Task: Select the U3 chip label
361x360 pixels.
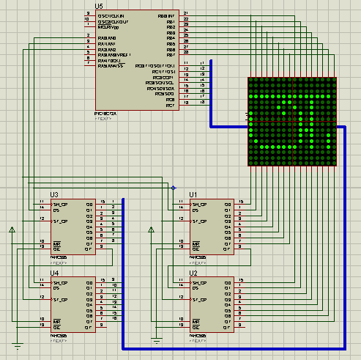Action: [x=54, y=194]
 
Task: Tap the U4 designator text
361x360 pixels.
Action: [x=54, y=273]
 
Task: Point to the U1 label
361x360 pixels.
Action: [x=193, y=194]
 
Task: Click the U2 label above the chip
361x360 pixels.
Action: [x=193, y=273]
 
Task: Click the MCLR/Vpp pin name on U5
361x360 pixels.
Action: [x=108, y=27]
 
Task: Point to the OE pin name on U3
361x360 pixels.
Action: [x=56, y=248]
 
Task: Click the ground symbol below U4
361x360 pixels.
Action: [x=16, y=343]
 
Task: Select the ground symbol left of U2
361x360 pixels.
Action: [x=156, y=339]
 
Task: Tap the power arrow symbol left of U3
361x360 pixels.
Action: [x=12, y=230]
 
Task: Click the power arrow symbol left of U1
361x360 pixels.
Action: [x=151, y=230]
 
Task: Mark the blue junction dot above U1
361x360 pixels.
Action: [x=174, y=188]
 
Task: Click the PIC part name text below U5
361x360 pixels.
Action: [x=108, y=113]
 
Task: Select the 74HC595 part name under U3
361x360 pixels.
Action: [x=59, y=258]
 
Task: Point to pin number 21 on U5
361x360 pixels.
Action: [x=186, y=14]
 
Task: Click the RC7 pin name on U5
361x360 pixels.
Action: [x=170, y=106]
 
